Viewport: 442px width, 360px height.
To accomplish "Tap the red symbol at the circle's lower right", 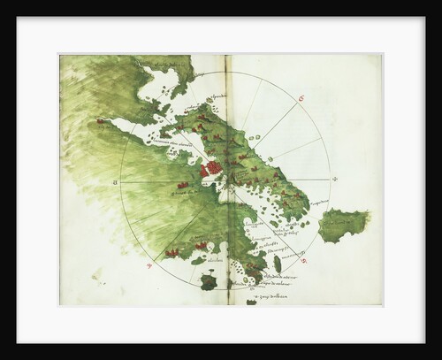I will coord(303,261).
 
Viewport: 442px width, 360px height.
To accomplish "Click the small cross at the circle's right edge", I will coord(334,180).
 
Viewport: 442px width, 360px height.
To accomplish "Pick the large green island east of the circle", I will coord(343,224).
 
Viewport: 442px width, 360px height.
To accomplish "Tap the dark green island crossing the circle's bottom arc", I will coord(209,282).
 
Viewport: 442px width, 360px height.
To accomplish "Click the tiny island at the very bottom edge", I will coord(251,303).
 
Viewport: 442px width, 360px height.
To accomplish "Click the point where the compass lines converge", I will coord(226,181).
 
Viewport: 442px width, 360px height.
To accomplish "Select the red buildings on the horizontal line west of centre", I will coord(184,185).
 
